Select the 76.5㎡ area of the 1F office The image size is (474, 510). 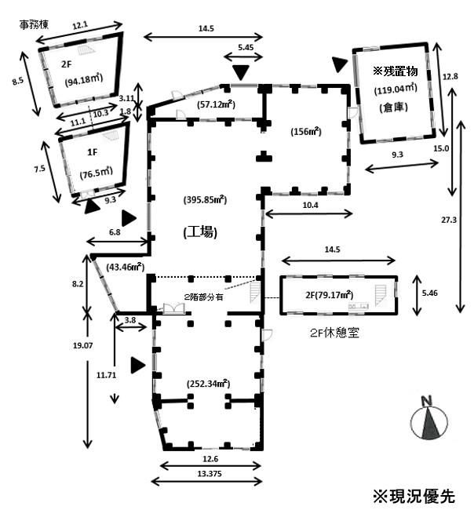click(94, 175)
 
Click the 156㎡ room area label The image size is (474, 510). click(304, 131)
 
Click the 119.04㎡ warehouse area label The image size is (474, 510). click(395, 89)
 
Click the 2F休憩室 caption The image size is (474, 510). click(331, 332)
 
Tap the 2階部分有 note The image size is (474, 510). click(204, 296)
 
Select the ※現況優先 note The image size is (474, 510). click(413, 496)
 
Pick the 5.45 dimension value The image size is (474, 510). click(245, 47)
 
